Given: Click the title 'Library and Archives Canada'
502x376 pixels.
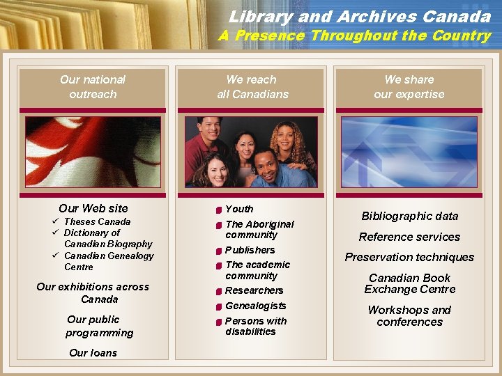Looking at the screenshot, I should pyautogui.click(x=359, y=16).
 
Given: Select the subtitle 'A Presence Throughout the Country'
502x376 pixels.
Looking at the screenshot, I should pyautogui.click(x=354, y=36).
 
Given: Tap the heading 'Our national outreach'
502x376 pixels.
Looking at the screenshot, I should pyautogui.click(x=93, y=87).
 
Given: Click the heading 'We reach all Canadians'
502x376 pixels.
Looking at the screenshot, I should pyautogui.click(x=252, y=87).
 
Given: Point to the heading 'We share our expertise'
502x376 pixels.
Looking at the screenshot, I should pyautogui.click(x=409, y=87).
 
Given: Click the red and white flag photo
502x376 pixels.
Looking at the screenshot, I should pyautogui.click(x=93, y=152).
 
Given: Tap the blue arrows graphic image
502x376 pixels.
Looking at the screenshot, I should pyautogui.click(x=409, y=152).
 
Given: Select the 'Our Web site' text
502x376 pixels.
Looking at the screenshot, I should pyautogui.click(x=93, y=208).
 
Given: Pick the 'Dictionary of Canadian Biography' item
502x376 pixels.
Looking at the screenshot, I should pyautogui.click(x=107, y=239).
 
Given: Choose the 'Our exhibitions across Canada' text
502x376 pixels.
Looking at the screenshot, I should pyautogui.click(x=93, y=293).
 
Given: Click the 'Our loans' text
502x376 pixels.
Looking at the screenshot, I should pyautogui.click(x=93, y=353).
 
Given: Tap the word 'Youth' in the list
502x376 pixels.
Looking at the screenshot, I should pyautogui.click(x=239, y=209).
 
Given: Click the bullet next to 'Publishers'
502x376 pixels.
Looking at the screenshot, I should pyautogui.click(x=218, y=251).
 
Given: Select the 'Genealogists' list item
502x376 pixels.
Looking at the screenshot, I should pyautogui.click(x=255, y=306).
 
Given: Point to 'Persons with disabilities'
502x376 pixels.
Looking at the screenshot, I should pyautogui.click(x=255, y=326).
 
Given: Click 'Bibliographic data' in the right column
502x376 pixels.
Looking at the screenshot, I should pyautogui.click(x=409, y=217).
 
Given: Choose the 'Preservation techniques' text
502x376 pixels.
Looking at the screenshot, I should pyautogui.click(x=409, y=257).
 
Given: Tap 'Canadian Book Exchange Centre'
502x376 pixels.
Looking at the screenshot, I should pyautogui.click(x=409, y=283).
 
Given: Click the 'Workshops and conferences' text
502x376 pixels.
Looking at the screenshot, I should pyautogui.click(x=409, y=315).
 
